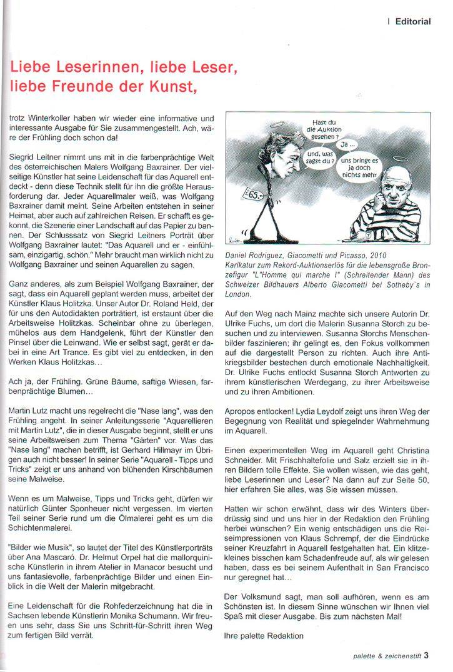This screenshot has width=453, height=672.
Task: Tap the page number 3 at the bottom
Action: pos(426,656)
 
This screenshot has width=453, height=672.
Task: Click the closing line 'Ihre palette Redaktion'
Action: pos(263,636)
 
